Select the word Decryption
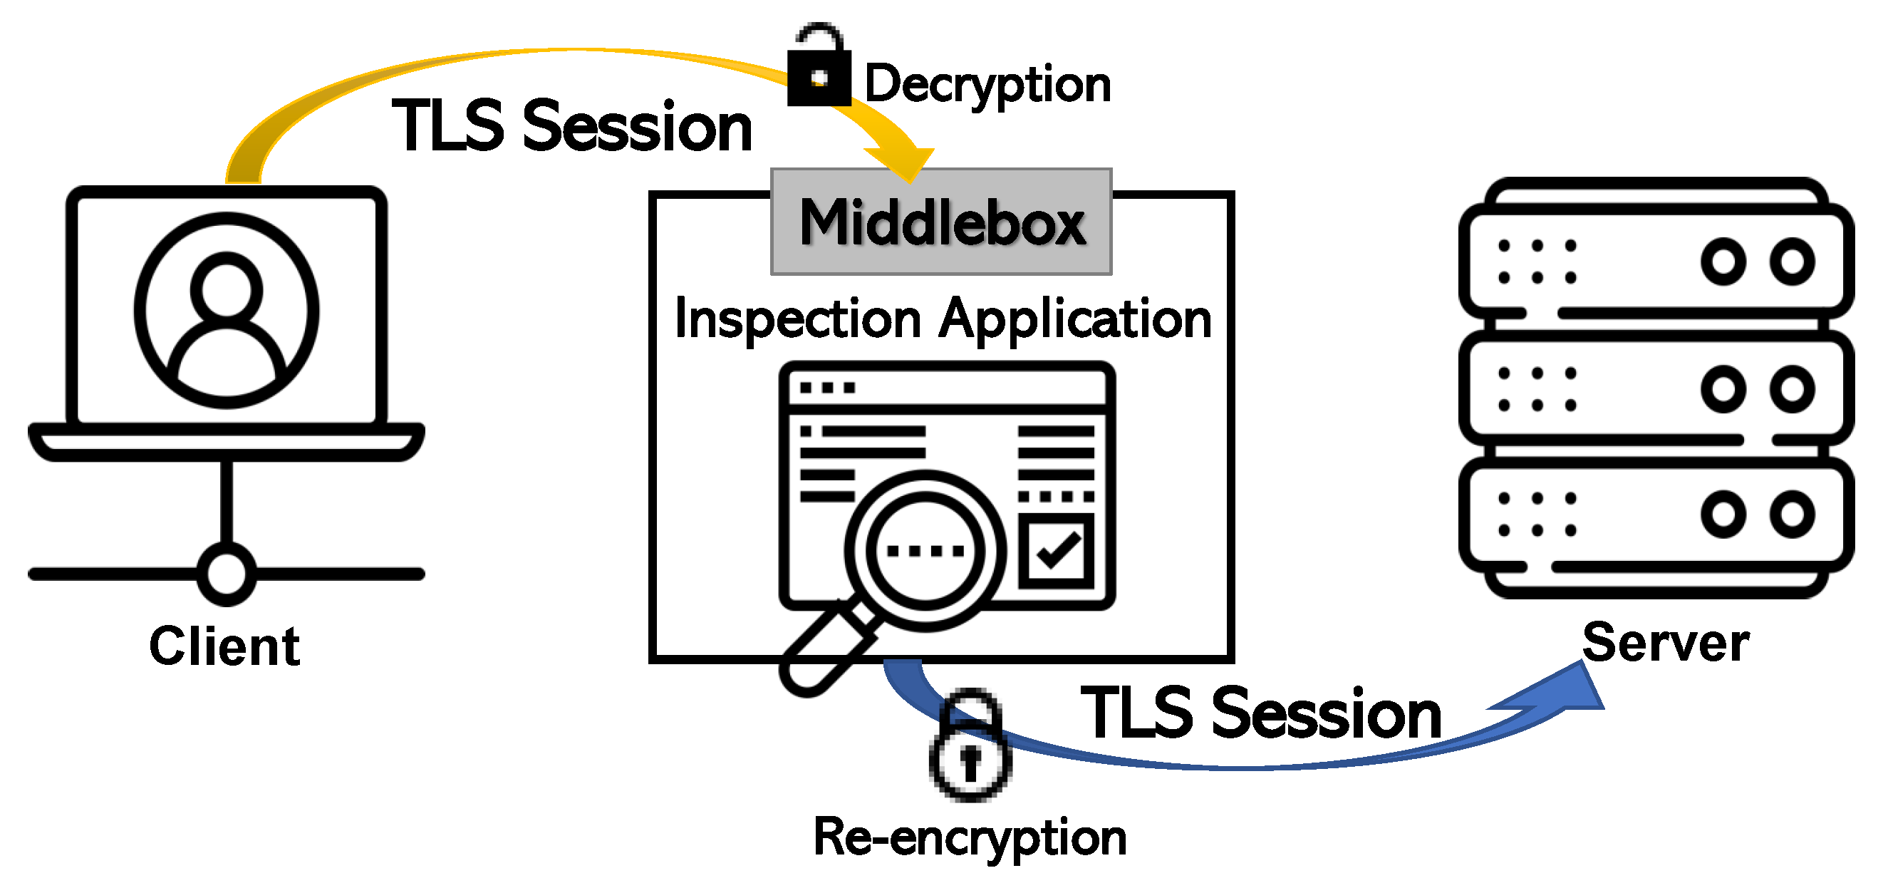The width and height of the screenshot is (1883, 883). (987, 85)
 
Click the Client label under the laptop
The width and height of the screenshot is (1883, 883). (224, 646)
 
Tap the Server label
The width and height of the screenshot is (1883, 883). (1665, 644)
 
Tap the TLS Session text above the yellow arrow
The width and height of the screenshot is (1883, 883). (572, 127)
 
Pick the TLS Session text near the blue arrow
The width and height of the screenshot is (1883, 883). (1261, 713)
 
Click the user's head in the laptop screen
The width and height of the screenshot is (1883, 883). (227, 289)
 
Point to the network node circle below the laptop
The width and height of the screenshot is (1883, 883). (227, 574)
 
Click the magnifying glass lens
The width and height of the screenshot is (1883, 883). (925, 549)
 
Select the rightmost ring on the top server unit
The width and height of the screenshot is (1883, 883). (1792, 261)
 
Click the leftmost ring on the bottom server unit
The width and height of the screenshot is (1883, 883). (1723, 514)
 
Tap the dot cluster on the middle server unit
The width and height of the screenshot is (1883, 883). (1537, 389)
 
